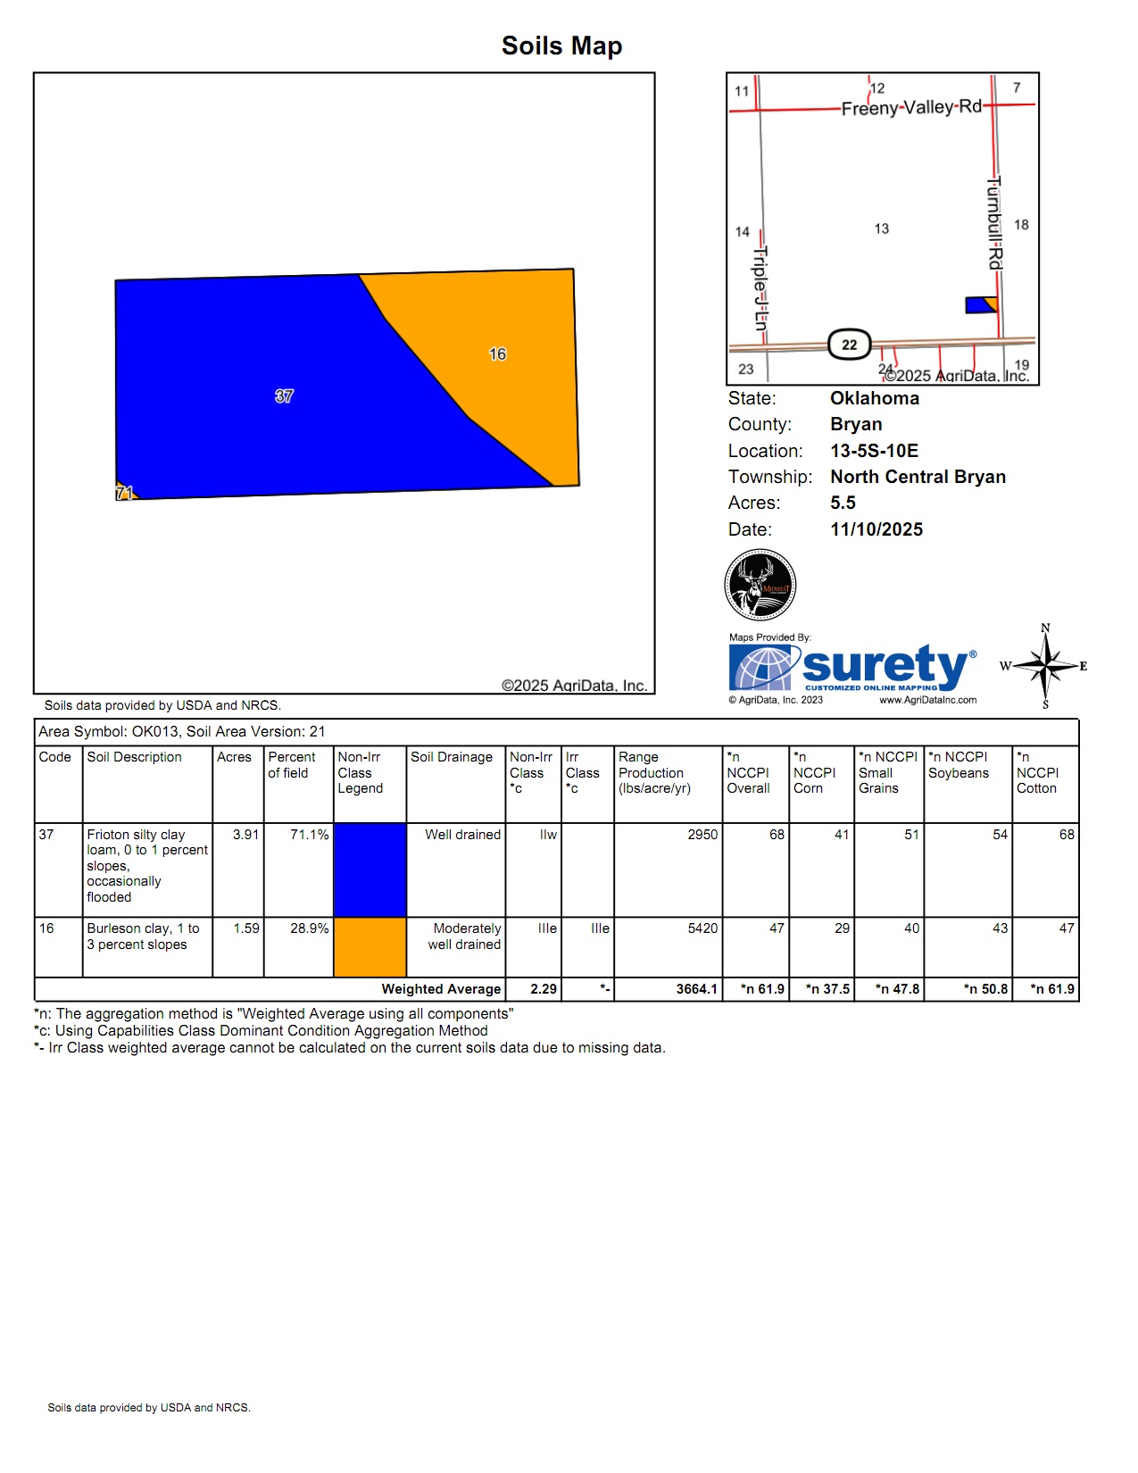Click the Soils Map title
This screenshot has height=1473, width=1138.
[561, 46]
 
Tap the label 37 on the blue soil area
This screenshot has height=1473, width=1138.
[284, 395]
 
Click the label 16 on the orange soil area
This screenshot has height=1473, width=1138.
[497, 354]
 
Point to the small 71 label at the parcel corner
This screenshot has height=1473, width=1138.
[124, 493]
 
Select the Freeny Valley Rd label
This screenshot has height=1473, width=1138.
[910, 108]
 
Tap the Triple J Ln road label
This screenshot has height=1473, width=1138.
[760, 288]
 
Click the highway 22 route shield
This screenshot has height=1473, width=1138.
[849, 345]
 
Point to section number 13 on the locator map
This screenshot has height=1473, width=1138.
[881, 229]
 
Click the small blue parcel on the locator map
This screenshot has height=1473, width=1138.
[978, 305]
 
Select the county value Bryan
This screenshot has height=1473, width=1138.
[855, 424]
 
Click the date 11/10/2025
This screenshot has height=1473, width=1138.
[876, 529]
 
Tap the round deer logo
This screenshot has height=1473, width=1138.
[760, 585]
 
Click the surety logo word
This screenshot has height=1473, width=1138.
[884, 666]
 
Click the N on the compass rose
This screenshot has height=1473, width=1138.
[1045, 628]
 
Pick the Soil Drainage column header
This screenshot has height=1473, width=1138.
[451, 757]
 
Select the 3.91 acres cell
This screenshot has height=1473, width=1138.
[245, 835]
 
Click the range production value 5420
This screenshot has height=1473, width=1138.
[702, 928]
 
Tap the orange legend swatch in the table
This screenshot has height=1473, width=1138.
[370, 947]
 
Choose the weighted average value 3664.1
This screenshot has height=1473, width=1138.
[696, 989]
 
